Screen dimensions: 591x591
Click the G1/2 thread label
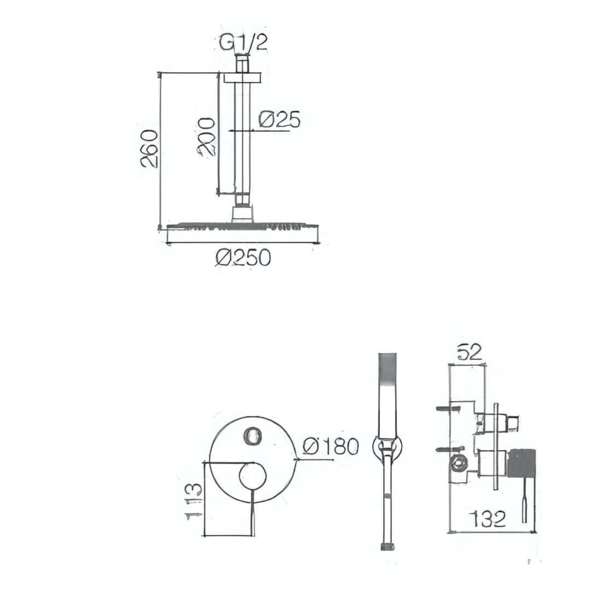click(x=244, y=43)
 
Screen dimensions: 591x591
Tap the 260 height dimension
click(x=148, y=148)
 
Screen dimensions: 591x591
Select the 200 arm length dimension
click(x=206, y=136)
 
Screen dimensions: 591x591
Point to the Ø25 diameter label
click(x=280, y=119)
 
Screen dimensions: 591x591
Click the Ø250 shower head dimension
click(x=244, y=257)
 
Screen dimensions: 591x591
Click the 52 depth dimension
click(x=470, y=352)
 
